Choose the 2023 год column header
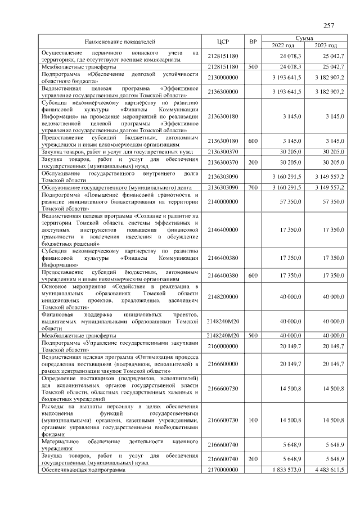325,46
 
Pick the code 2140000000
223,201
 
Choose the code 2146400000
223,229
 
